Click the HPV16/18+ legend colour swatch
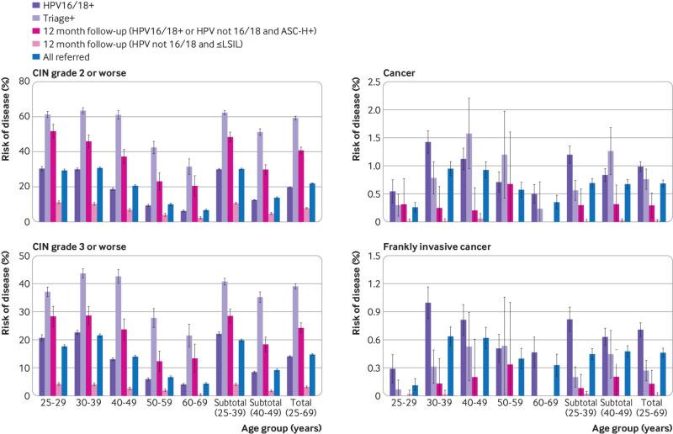click(x=7, y=6)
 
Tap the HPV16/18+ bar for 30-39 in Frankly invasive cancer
click(x=428, y=348)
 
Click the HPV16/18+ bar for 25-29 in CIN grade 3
click(x=42, y=366)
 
